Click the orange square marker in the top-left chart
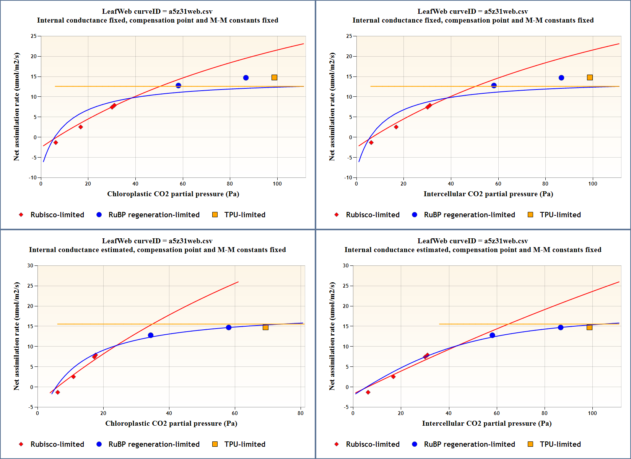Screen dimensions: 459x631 pyautogui.click(x=274, y=78)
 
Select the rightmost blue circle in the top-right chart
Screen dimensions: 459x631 pyautogui.click(x=561, y=78)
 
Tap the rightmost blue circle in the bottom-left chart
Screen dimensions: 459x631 pyautogui.click(x=229, y=327)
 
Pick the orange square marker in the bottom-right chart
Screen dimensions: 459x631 pyautogui.click(x=589, y=327)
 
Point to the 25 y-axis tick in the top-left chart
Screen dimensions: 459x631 pyautogui.click(x=34, y=36)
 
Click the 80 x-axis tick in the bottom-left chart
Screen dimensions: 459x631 pyautogui.click(x=301, y=413)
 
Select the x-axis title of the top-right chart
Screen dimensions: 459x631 pyautogui.click(x=488, y=194)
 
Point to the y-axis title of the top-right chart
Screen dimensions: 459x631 pyautogui.click(x=332, y=107)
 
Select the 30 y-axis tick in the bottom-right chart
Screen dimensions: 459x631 pyautogui.click(x=346, y=265)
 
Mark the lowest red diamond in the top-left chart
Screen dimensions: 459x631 pyautogui.click(x=56, y=143)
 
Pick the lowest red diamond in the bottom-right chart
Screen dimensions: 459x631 pyautogui.click(x=368, y=392)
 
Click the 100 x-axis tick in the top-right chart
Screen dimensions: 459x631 pyautogui.click(x=592, y=184)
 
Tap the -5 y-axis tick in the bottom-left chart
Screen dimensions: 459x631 pyautogui.click(x=31, y=407)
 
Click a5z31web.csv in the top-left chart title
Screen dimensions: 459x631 pyautogui.click(x=190, y=11)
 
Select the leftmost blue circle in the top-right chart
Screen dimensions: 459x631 pyautogui.click(x=494, y=86)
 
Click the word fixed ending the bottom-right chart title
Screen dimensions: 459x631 pyautogui.click(x=591, y=250)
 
